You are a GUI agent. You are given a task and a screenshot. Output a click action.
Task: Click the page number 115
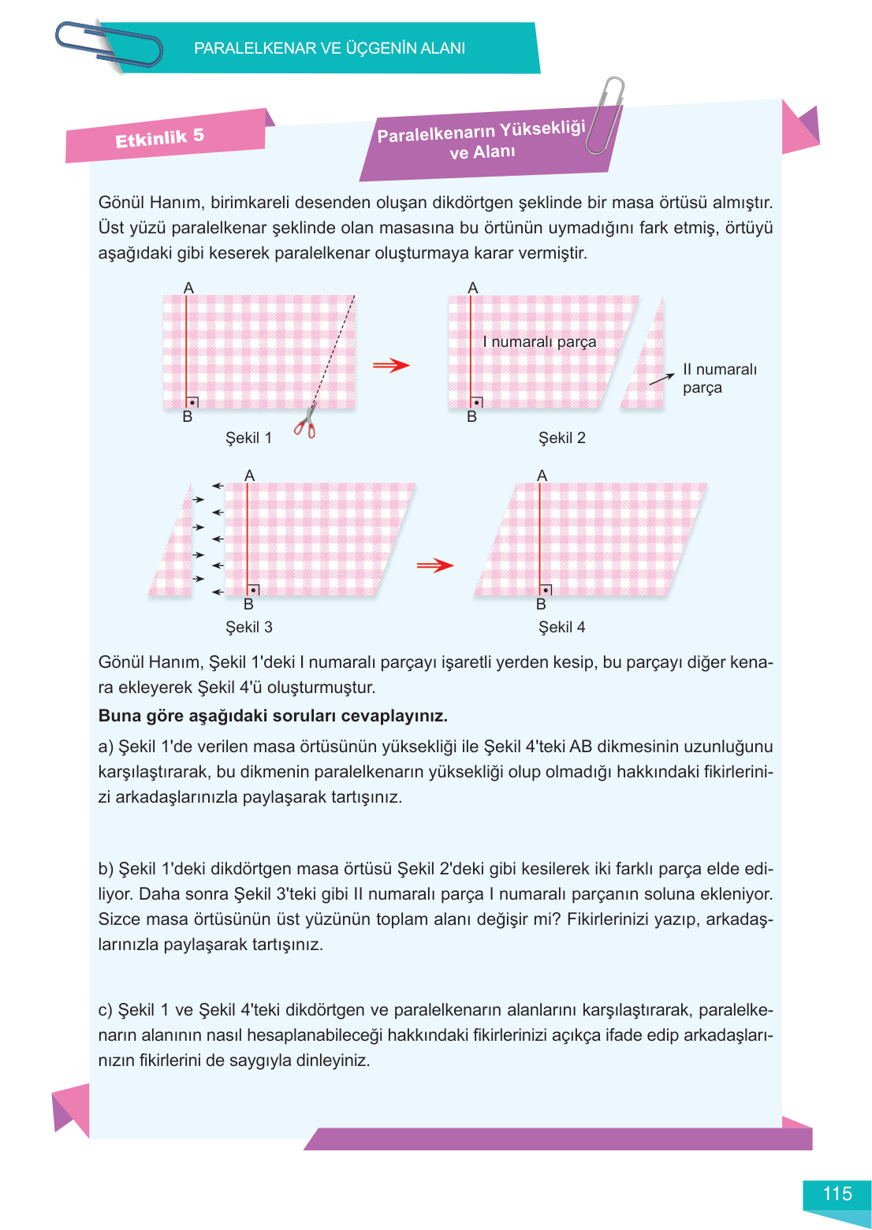coord(837,1194)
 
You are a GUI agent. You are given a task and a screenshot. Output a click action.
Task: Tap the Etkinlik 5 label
coord(160,138)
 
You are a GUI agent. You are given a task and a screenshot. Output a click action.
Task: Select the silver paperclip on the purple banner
coord(604,114)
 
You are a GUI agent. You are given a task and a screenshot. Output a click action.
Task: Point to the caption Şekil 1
coord(248,438)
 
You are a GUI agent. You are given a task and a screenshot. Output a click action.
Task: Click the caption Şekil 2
coord(561,438)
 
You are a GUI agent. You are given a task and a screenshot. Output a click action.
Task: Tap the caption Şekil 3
coord(248,627)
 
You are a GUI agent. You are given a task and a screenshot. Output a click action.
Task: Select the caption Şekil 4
coord(561,627)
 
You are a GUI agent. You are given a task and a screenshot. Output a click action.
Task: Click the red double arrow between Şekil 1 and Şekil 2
coord(391,365)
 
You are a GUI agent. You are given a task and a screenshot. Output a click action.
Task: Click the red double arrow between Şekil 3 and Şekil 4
coord(434,565)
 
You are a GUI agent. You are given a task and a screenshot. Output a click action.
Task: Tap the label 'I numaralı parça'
coord(539,341)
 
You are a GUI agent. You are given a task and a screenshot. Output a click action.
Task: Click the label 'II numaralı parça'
coord(718,378)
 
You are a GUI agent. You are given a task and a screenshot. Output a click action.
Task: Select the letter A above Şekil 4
coord(542,475)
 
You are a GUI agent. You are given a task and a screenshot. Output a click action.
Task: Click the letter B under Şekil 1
coord(188,416)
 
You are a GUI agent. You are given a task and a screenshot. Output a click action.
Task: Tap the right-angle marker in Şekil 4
coord(546,590)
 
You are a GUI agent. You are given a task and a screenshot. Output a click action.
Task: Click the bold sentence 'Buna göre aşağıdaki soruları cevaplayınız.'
coord(273,716)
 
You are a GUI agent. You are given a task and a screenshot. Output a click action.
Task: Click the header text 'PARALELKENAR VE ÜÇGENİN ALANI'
coord(330,48)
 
